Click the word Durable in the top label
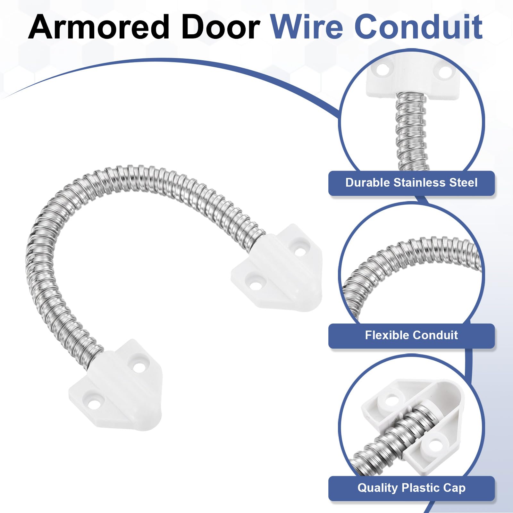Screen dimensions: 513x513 tap(368, 182)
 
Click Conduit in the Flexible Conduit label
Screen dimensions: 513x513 tap(433, 335)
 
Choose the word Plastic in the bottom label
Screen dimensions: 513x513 tap(420, 488)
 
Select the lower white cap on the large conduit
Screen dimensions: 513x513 tap(115, 385)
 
